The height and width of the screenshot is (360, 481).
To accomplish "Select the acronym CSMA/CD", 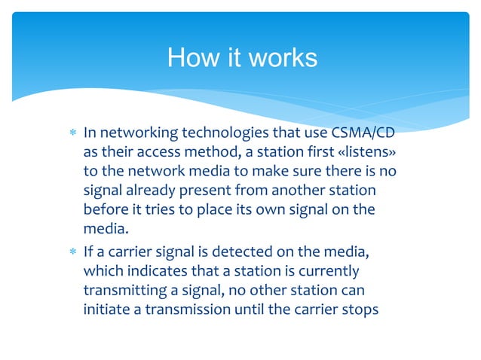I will pyautogui.click(x=363, y=133).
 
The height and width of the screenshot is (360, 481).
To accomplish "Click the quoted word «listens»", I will pyautogui.click(x=364, y=153).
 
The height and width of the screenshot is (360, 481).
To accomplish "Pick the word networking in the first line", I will pyautogui.click(x=134, y=133).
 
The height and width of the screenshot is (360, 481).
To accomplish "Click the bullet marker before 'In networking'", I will pyautogui.click(x=72, y=134).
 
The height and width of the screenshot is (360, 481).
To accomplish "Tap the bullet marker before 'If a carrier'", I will pyautogui.click(x=72, y=250).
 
